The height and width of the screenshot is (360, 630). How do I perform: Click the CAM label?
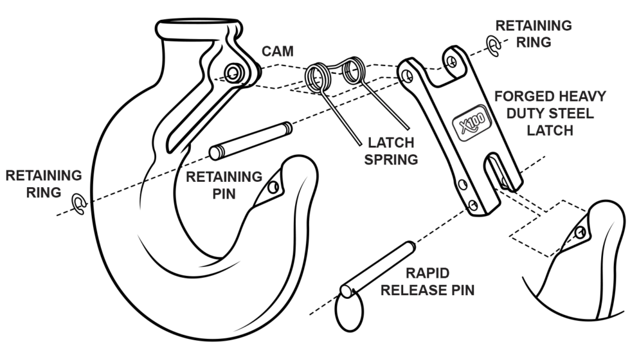(x=278, y=51)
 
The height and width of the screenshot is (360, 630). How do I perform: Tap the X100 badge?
(x=472, y=123)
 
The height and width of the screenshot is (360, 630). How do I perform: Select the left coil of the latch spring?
(x=317, y=77)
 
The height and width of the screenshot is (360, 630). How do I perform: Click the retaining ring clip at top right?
(x=493, y=46)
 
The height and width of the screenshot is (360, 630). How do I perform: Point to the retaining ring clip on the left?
(x=80, y=204)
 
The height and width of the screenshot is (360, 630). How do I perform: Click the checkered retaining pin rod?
(x=251, y=140)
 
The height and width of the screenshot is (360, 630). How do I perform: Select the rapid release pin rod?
(x=378, y=269)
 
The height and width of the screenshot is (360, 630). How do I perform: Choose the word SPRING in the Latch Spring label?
(x=391, y=159)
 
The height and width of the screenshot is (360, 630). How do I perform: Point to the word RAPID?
(x=427, y=273)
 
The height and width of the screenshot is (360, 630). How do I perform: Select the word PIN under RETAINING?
(x=224, y=194)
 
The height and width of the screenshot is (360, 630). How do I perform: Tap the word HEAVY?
(x=582, y=97)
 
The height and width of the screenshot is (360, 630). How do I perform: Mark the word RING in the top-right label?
(x=534, y=42)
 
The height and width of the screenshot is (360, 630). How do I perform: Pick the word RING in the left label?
(x=44, y=192)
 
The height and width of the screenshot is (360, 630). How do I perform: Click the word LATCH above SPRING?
(x=391, y=142)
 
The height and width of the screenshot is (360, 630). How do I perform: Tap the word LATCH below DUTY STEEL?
(x=550, y=130)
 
